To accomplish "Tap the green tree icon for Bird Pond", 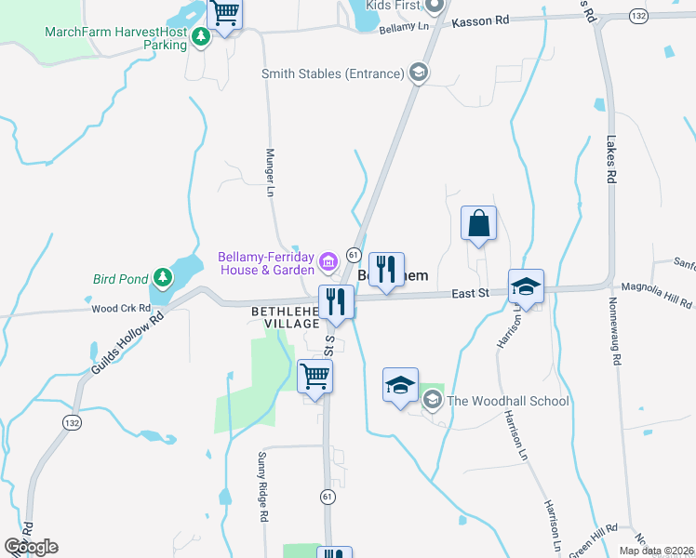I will tap(164, 277).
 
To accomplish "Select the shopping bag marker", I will tap(479, 224).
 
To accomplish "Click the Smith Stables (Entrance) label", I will tap(333, 73).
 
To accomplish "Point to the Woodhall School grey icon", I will tap(432, 400).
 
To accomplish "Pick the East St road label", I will tap(471, 293).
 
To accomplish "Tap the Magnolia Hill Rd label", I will tap(656, 296).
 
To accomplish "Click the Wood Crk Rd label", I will tap(121, 308).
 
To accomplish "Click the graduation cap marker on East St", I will tap(526, 287).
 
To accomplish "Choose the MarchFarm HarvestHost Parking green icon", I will tap(199, 33).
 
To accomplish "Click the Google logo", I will tap(31, 547).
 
